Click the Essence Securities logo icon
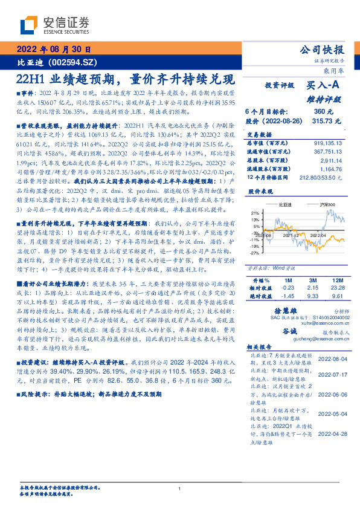click(x=30, y=25)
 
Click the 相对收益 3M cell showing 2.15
click(x=313, y=289)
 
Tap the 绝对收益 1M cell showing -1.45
click(x=286, y=297)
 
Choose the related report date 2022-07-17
click(x=332, y=374)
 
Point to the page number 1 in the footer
click(x=180, y=489)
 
